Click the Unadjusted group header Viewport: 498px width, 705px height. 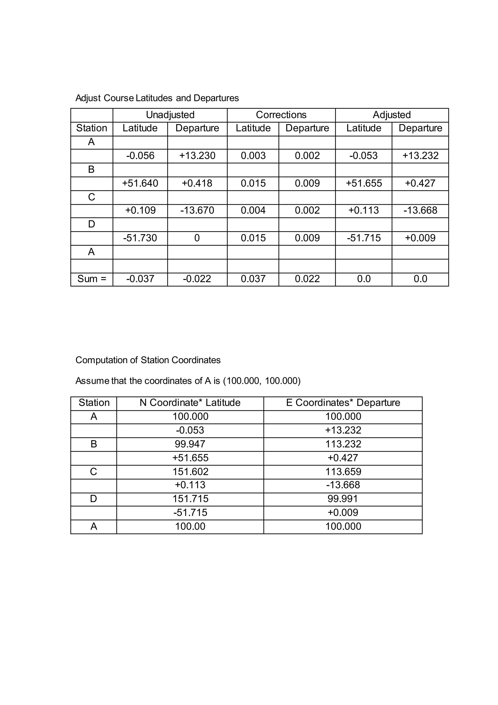pyautogui.click(x=170, y=115)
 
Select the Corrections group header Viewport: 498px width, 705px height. pyautogui.click(x=281, y=115)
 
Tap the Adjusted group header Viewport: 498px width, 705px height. pyautogui.click(x=391, y=115)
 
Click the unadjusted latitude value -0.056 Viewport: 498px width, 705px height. pyautogui.click(x=140, y=156)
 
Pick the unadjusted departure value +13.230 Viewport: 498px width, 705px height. pyautogui.click(x=197, y=156)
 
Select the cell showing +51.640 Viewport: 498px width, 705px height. pyautogui.click(x=140, y=183)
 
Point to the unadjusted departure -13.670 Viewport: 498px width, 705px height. pyautogui.click(x=197, y=210)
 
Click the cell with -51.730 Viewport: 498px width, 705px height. pyautogui.click(x=140, y=238)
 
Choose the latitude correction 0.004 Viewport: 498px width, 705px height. pyautogui.click(x=253, y=210)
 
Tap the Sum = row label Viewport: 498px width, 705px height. pyautogui.click(x=91, y=279)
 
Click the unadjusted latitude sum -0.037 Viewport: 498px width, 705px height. pyautogui.click(x=140, y=279)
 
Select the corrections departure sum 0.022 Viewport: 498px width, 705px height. pyautogui.click(x=307, y=279)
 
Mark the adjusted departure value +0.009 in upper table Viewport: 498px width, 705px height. pyautogui.click(x=420, y=238)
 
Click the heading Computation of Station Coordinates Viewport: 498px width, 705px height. pyautogui.click(x=148, y=360)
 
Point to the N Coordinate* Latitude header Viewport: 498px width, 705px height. pyautogui.click(x=190, y=403)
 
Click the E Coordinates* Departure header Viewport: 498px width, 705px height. pyautogui.click(x=343, y=403)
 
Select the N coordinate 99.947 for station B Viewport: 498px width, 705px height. pyautogui.click(x=190, y=444)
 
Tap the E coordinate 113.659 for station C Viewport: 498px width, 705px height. pyautogui.click(x=343, y=472)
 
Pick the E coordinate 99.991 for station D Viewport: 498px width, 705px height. pyautogui.click(x=343, y=499)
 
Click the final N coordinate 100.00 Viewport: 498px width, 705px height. pyautogui.click(x=190, y=526)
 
